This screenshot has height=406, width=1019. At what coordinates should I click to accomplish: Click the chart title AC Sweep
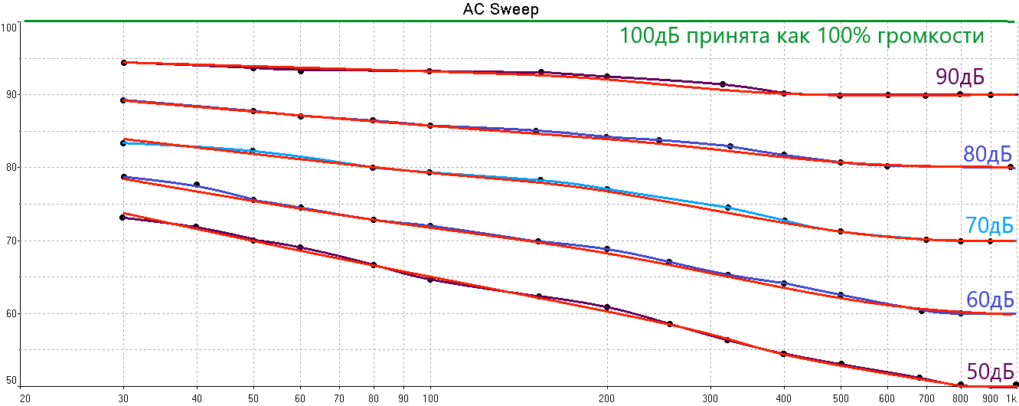click(501, 9)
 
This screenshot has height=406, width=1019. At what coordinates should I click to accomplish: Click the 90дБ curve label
click(959, 76)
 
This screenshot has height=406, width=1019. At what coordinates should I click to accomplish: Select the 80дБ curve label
click(987, 154)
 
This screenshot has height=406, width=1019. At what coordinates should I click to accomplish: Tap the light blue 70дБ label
click(990, 226)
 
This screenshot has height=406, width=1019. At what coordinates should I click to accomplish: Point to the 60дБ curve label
click(990, 300)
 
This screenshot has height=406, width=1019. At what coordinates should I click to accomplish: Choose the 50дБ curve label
click(990, 372)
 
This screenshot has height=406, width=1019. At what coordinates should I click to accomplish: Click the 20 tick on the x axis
click(24, 398)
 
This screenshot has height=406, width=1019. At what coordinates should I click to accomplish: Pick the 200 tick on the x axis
click(607, 398)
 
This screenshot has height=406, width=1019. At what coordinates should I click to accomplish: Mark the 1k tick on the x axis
click(1012, 398)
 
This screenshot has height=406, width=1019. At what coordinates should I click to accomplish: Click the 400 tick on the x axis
click(784, 398)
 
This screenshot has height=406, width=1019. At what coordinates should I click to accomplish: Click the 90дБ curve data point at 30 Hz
click(124, 62)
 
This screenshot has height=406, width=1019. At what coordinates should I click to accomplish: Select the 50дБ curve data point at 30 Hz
click(123, 218)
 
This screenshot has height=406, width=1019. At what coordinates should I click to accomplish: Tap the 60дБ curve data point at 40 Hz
click(197, 185)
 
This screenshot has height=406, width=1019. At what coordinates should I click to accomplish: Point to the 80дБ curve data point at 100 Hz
click(429, 126)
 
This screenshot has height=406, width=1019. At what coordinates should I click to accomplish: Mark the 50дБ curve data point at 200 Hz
click(607, 307)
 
